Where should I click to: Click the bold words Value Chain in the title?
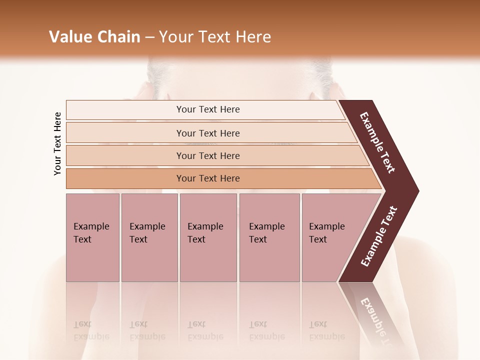[x=94, y=37]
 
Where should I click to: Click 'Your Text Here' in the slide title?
[x=215, y=37]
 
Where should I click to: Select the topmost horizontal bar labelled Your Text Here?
[x=208, y=109]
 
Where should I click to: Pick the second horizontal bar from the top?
[x=208, y=133]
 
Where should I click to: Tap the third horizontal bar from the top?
[x=208, y=155]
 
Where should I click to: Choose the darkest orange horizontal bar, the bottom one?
[x=208, y=178]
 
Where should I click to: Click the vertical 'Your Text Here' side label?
[x=57, y=143]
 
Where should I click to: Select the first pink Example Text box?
[x=92, y=237]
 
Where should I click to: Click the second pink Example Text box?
[x=149, y=237]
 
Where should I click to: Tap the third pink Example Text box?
[x=208, y=237]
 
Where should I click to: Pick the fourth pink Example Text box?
[x=269, y=237]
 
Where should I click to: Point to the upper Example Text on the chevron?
[x=377, y=142]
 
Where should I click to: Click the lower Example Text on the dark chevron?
[x=378, y=236]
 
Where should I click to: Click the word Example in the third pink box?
[x=205, y=226]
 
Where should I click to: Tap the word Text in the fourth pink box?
[x=258, y=239]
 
